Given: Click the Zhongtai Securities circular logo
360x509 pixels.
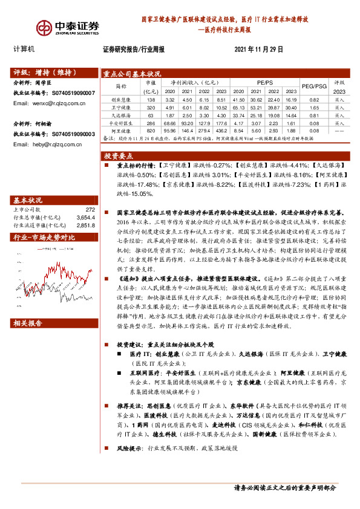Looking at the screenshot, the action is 44,27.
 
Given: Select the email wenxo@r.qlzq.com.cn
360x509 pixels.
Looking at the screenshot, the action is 54,103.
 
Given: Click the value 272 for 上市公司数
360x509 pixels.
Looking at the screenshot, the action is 90,209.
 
